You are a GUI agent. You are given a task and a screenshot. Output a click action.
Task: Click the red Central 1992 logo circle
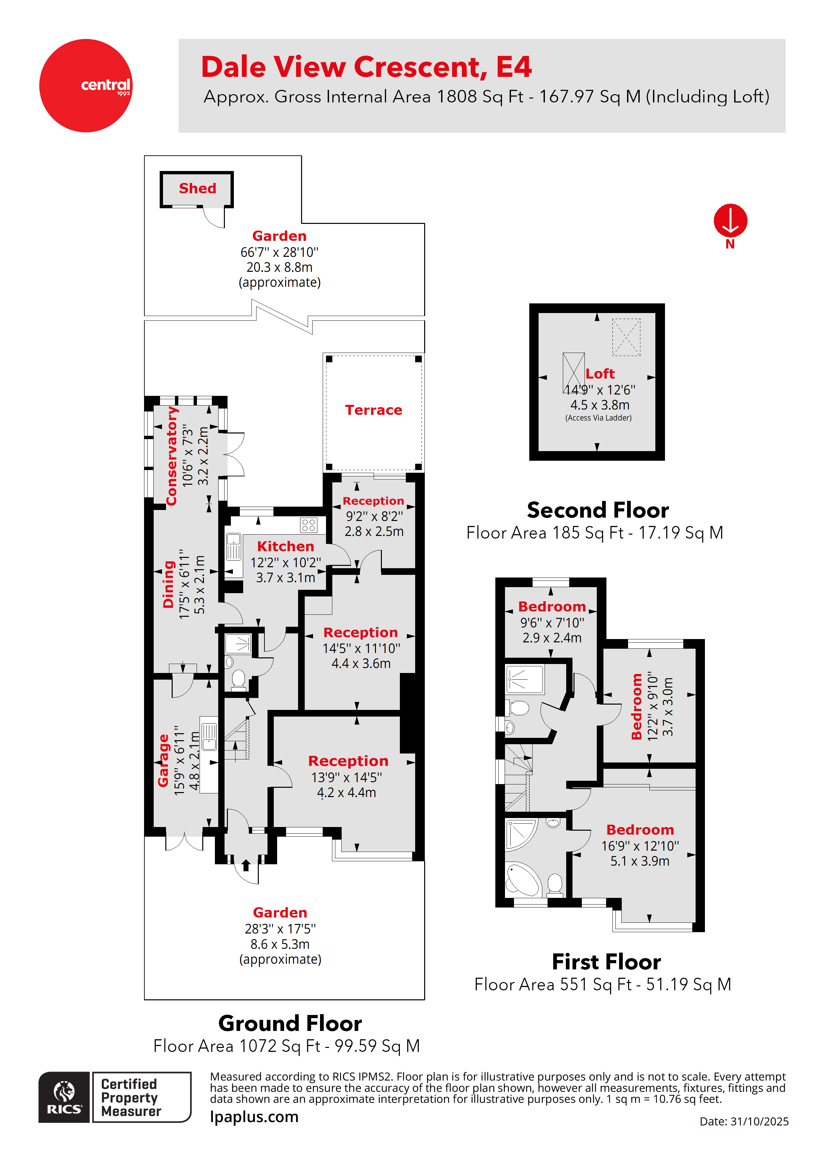point(85,85)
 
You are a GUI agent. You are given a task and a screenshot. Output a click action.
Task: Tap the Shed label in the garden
point(197,189)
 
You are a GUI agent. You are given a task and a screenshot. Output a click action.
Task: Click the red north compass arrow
point(730,221)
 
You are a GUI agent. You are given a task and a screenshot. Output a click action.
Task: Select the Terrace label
point(373,410)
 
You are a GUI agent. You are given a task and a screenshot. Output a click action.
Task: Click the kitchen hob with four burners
point(309,525)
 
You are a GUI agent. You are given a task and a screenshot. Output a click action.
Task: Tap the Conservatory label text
point(172,456)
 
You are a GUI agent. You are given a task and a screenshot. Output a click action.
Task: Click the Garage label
point(163,760)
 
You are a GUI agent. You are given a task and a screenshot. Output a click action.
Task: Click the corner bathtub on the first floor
point(523,879)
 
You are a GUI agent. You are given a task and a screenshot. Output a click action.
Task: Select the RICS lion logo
point(64,1097)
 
